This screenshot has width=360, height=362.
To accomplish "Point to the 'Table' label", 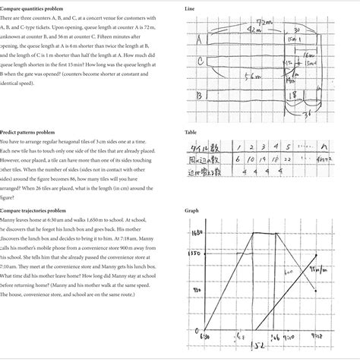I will pyautogui.click(x=191, y=131).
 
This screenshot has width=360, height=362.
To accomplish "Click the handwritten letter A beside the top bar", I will pyautogui.click(x=200, y=37).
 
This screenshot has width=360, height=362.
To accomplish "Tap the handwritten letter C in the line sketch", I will pyautogui.click(x=200, y=61).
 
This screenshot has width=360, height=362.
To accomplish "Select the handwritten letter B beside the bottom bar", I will pyautogui.click(x=199, y=96).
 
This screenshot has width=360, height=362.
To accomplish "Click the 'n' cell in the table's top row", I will pyautogui.click(x=325, y=146).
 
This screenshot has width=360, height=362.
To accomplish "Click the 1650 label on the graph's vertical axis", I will pyautogui.click(x=196, y=233).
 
